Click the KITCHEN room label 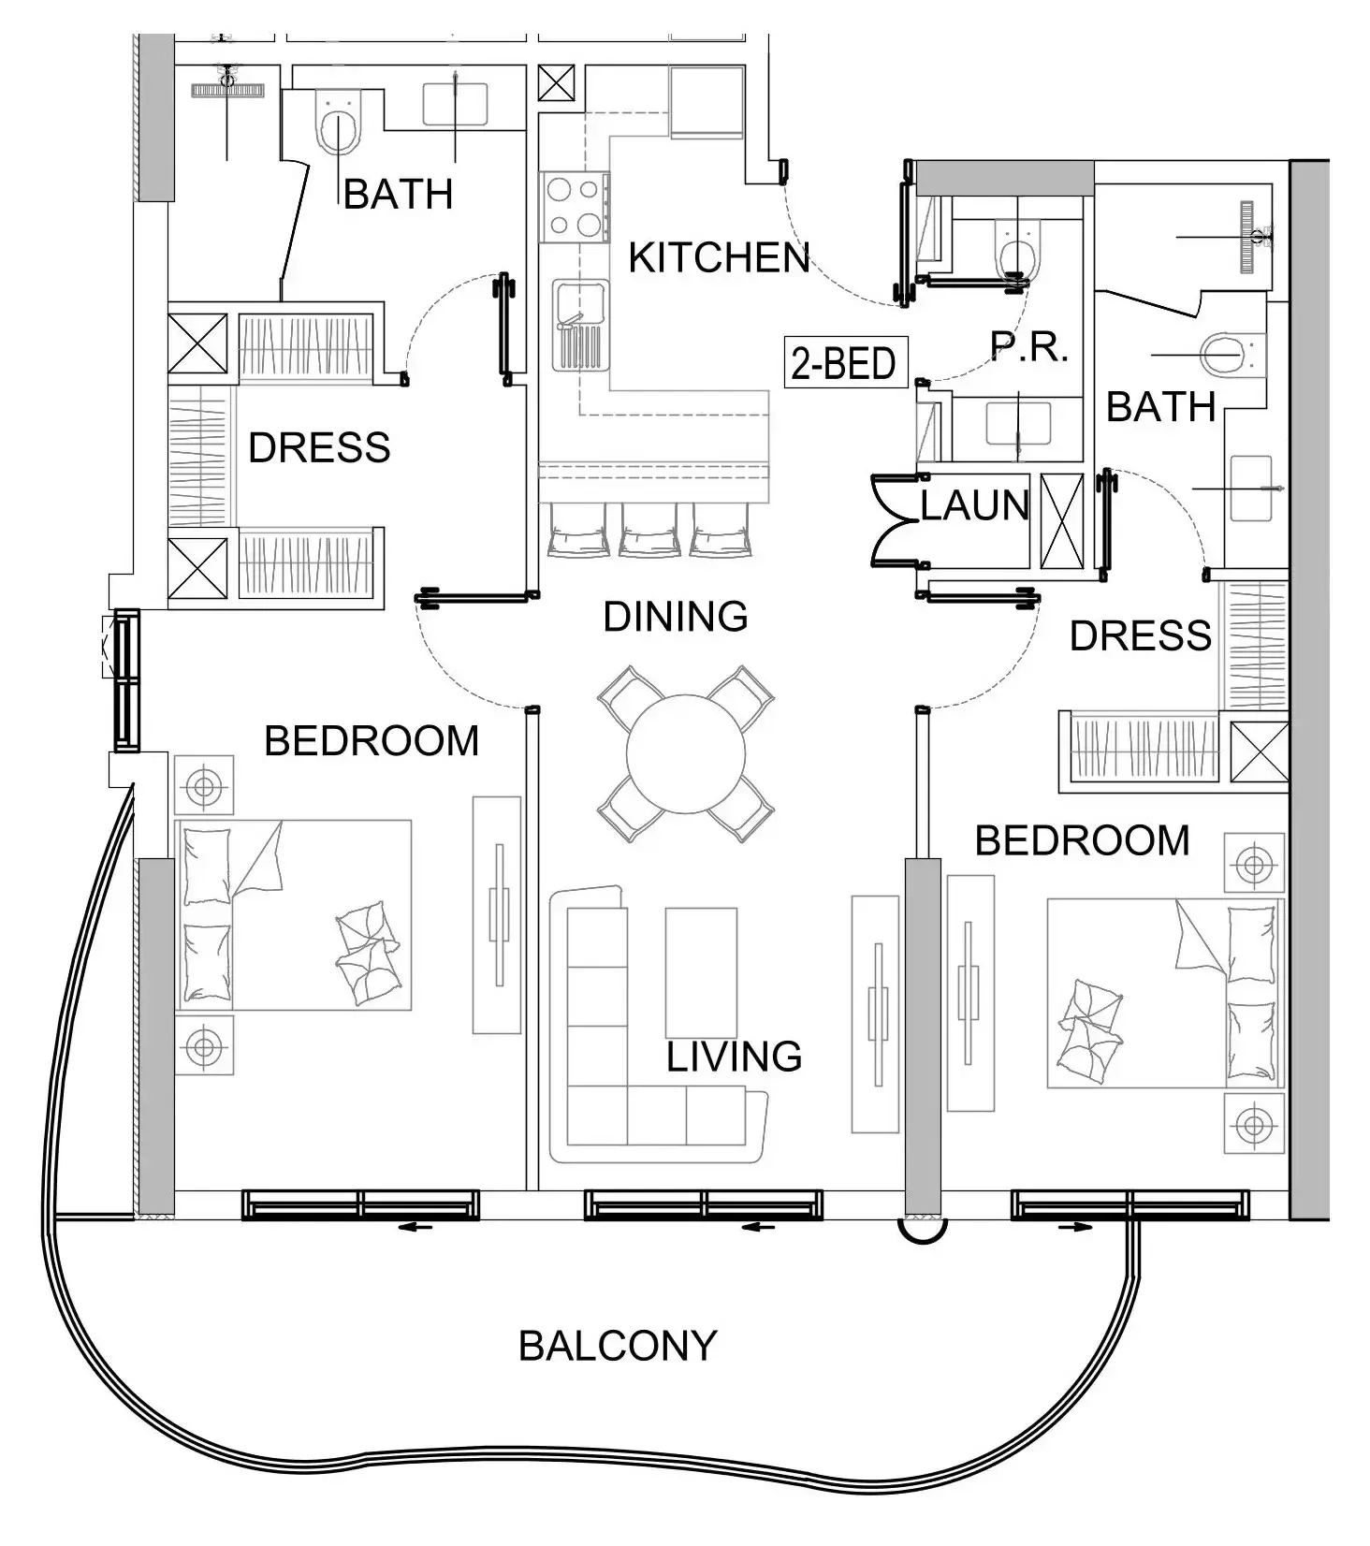pyautogui.click(x=718, y=258)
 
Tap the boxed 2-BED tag pyautogui.click(x=845, y=363)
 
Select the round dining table pyautogui.click(x=686, y=753)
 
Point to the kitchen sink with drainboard pyautogui.click(x=579, y=323)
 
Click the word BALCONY pyautogui.click(x=618, y=1346)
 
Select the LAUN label pyautogui.click(x=974, y=506)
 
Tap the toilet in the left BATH pyautogui.click(x=339, y=126)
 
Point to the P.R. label pyautogui.click(x=1028, y=347)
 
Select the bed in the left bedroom pyautogui.click(x=294, y=915)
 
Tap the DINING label pyautogui.click(x=675, y=618)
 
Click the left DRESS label pyautogui.click(x=319, y=448)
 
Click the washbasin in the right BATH pyautogui.click(x=1250, y=488)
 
